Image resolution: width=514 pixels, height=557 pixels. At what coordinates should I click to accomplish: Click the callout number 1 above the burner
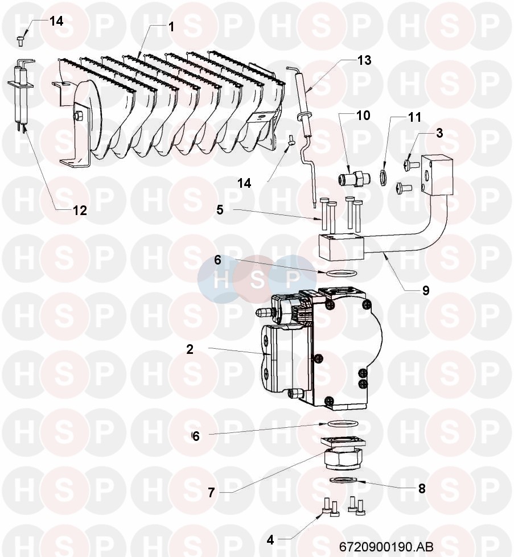coord(171,27)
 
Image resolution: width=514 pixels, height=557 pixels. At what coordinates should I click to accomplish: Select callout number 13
coord(364,60)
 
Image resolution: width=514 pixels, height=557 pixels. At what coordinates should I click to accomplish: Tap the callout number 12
coord(80,211)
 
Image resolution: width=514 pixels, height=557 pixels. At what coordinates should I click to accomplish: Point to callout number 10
coord(363,115)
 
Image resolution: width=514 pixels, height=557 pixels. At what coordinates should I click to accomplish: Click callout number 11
coord(414,117)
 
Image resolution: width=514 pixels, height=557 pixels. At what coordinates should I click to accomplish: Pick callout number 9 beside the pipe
coord(426,291)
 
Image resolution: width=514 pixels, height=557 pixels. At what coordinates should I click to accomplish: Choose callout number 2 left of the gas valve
coord(190,349)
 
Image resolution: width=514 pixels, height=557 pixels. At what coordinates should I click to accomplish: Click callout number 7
coord(212,493)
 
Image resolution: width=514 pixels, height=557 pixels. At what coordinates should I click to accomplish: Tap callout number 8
coord(422,489)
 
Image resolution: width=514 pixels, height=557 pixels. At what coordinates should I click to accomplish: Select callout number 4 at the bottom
coord(270,540)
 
